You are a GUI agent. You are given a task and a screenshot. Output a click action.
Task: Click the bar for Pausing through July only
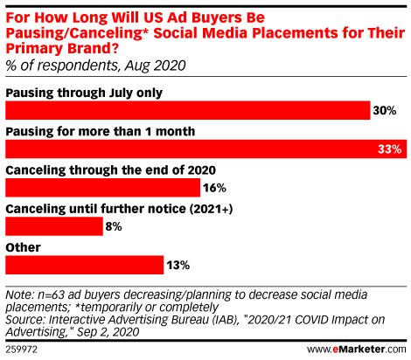click(188, 110)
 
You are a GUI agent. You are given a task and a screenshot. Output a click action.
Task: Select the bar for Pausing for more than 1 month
click(206, 149)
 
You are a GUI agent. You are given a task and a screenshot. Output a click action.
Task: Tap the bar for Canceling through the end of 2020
click(103, 188)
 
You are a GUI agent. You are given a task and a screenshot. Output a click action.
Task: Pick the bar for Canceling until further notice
click(54, 226)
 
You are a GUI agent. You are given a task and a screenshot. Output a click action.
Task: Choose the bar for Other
click(85, 265)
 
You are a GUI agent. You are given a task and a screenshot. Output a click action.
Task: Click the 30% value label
click(385, 111)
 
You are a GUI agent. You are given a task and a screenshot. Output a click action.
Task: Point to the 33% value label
click(390, 149)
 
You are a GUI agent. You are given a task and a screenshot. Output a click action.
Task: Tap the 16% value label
click(214, 188)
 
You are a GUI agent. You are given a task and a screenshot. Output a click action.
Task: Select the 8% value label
click(114, 226)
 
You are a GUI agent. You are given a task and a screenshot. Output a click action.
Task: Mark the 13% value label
click(178, 266)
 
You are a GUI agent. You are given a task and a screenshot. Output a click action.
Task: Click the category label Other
click(24, 247)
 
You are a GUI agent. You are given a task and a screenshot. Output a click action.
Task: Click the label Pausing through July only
click(84, 93)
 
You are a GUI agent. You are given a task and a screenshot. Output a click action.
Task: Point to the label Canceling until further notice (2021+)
click(119, 209)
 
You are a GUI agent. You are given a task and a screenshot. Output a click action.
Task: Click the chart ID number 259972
click(22, 350)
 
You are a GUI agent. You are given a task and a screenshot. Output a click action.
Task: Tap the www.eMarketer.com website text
click(357, 349)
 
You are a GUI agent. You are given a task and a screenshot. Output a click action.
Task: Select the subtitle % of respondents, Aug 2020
click(95, 66)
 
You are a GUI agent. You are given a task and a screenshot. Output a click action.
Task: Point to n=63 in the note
click(52, 294)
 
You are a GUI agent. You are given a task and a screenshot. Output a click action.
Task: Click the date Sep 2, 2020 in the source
click(108, 332)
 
